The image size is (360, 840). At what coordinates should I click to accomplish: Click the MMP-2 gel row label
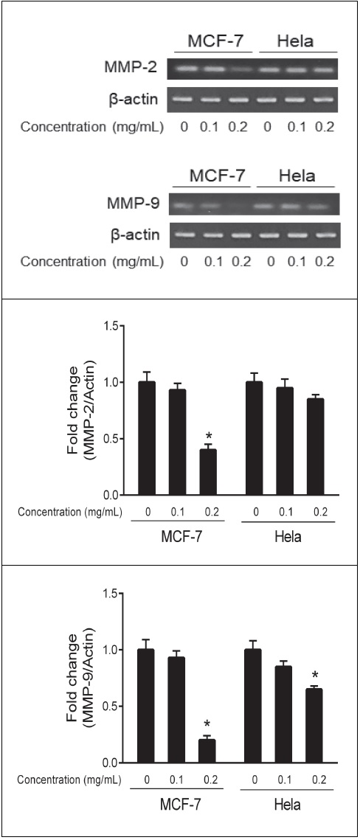[x=133, y=69]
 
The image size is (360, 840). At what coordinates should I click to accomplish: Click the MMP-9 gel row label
[x=133, y=204]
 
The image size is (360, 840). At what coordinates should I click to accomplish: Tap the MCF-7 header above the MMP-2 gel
[x=216, y=41]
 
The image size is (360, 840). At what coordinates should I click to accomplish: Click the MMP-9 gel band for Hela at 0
[x=269, y=204]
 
